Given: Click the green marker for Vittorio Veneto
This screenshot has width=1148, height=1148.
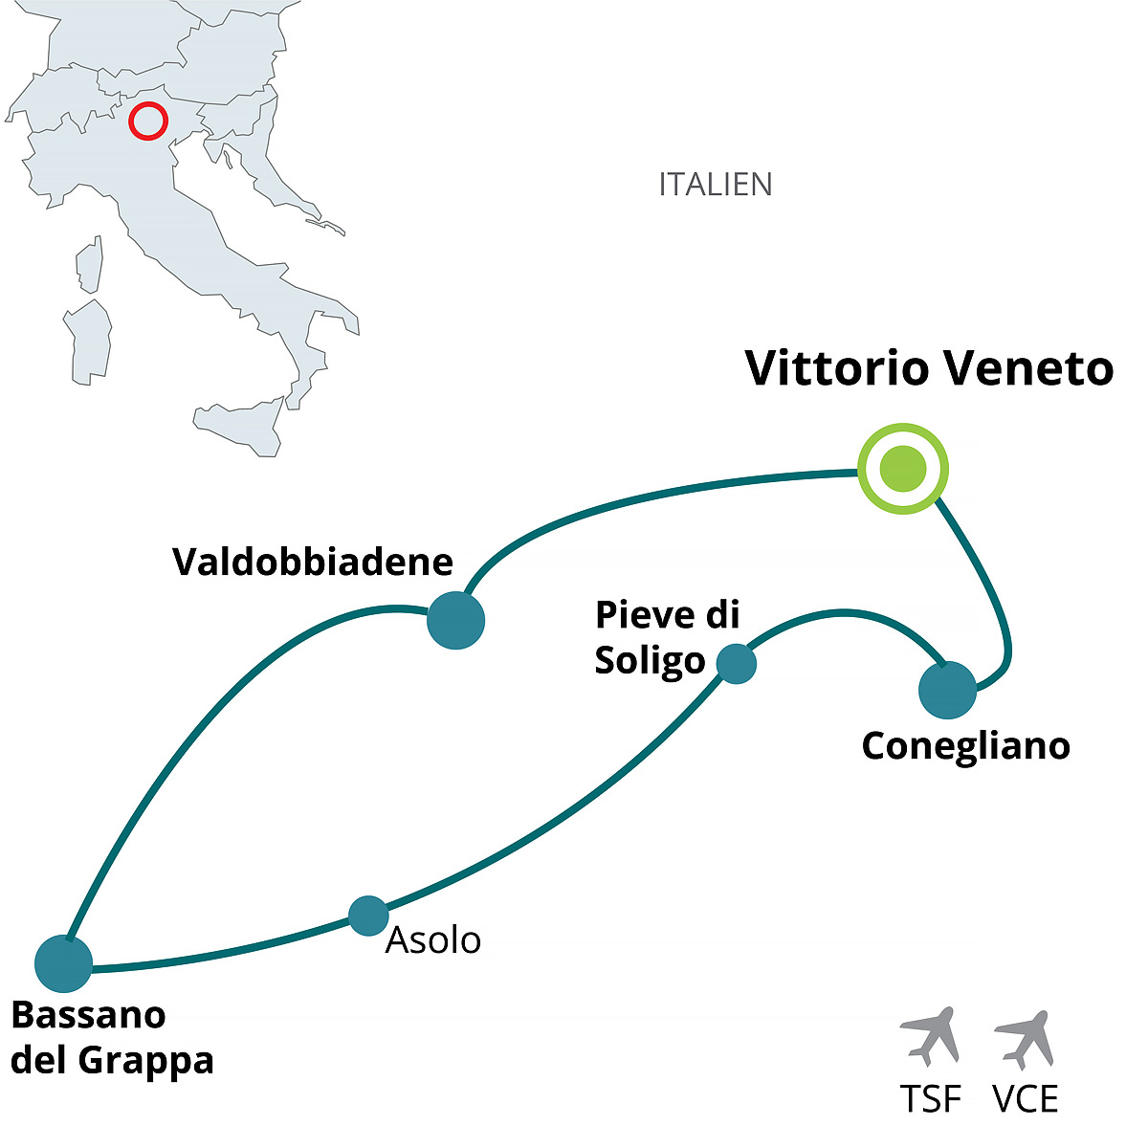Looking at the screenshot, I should pyautogui.click(x=903, y=469).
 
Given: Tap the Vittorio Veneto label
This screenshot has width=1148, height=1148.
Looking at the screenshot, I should pyautogui.click(x=929, y=368).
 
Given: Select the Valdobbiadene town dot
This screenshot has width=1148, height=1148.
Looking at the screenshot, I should pyautogui.click(x=455, y=620).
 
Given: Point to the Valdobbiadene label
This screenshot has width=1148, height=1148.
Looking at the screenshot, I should pyautogui.click(x=313, y=562).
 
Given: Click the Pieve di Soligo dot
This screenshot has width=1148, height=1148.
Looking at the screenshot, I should pyautogui.click(x=736, y=663).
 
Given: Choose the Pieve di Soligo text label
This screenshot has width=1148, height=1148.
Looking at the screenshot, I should pyautogui.click(x=667, y=637).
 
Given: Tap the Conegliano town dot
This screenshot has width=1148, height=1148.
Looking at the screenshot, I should pyautogui.click(x=947, y=689).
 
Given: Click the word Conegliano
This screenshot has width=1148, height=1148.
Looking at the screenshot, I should pyautogui.click(x=965, y=746).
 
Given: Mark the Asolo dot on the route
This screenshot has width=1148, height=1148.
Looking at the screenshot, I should pyautogui.click(x=368, y=916).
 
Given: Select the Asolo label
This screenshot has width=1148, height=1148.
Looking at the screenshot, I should pyautogui.click(x=432, y=940).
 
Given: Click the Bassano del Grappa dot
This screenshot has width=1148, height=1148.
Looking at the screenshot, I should pyautogui.click(x=63, y=963).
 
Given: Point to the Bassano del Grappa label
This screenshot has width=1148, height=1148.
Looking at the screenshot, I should pyautogui.click(x=112, y=1037).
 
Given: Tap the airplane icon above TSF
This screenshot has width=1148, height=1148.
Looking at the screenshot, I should pyautogui.click(x=930, y=1035).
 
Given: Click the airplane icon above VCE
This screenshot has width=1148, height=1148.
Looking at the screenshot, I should pyautogui.click(x=1025, y=1038).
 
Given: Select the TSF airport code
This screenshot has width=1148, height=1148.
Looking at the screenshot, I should pyautogui.click(x=930, y=1099).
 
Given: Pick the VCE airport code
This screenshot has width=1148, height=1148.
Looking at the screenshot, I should pyautogui.click(x=1026, y=1099).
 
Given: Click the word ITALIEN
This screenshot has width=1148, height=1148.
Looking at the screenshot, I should pyautogui.click(x=715, y=184).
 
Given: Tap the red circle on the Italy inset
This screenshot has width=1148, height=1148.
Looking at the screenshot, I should pyautogui.click(x=147, y=121).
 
